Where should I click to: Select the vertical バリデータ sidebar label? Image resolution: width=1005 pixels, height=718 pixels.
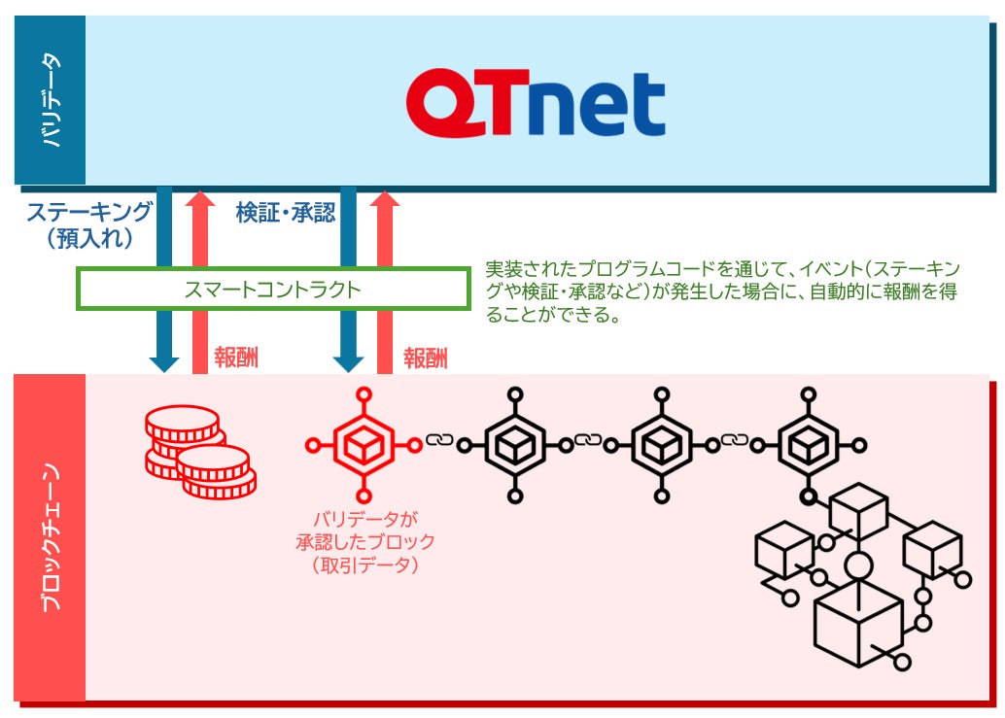[x=51, y=101]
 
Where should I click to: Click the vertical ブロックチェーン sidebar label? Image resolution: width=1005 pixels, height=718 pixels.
[x=51, y=537]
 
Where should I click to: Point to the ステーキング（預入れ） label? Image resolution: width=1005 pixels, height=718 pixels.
[x=88, y=225]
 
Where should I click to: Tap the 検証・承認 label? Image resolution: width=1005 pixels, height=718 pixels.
[x=286, y=213]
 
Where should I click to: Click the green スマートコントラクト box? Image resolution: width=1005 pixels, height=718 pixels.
[x=272, y=289]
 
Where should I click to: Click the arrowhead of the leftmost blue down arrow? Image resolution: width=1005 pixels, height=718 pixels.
[x=164, y=362]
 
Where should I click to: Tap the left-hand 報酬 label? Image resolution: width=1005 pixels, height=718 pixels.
[x=236, y=359]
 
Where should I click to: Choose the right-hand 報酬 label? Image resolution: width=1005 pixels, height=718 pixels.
[x=426, y=359]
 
